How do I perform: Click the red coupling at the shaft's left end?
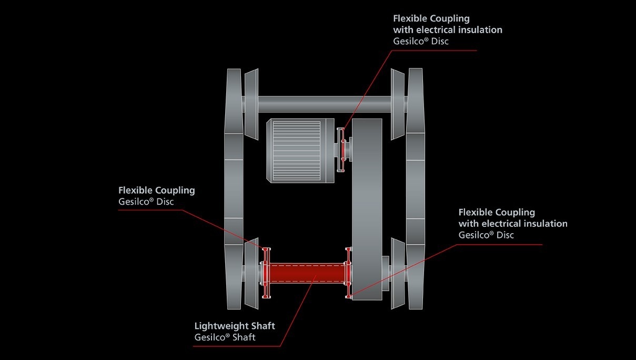266,273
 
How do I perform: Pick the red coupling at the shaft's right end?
347,273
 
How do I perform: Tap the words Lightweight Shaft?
235,326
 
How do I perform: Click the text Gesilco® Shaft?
225,337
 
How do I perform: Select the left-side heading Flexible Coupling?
157,190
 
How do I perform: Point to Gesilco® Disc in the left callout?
146,202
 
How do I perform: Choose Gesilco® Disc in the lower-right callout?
486,235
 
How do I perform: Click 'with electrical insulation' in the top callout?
448,30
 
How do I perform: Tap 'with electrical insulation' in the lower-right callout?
513,224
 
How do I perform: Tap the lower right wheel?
415,274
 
